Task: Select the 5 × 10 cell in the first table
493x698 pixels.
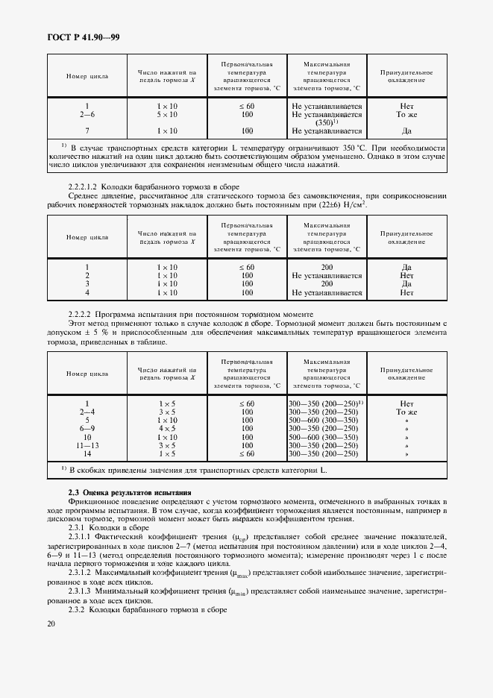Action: pos(167,115)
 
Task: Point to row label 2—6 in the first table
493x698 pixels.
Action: pos(87,115)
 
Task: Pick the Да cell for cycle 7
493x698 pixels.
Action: pos(406,131)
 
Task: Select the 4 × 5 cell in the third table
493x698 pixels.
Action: pos(167,429)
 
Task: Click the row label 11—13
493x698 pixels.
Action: pos(87,445)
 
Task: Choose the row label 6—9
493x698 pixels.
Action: pos(87,429)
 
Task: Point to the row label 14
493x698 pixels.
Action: pos(87,453)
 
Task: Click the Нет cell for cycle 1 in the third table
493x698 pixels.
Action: pos(406,403)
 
